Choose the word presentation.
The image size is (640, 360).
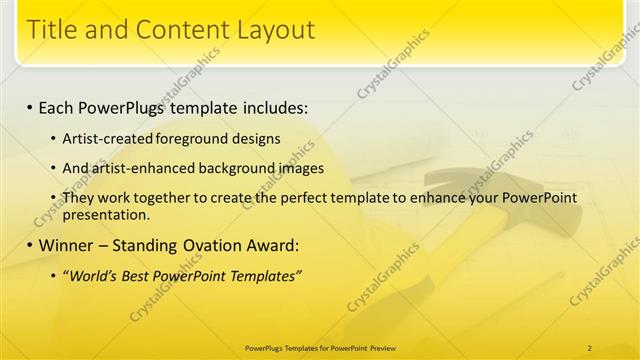pyautogui.click(x=106, y=214)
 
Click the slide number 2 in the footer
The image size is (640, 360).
pyautogui.click(x=590, y=347)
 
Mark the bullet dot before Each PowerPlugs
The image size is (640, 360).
pyautogui.click(x=31, y=106)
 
